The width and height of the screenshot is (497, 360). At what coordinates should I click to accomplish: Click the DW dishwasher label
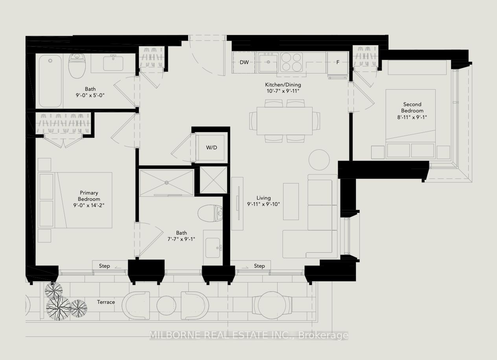tap(244, 62)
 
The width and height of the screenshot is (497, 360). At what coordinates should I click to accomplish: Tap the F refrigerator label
tap(338, 62)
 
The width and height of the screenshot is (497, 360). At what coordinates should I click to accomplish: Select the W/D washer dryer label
tap(212, 147)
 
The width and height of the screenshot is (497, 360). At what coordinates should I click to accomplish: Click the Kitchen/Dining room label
tap(283, 85)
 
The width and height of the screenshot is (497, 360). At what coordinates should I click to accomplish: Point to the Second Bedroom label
tap(412, 107)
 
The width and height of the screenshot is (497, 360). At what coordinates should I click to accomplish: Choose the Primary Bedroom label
tap(89, 196)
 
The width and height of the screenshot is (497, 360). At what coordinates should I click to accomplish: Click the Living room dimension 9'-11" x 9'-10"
tap(263, 204)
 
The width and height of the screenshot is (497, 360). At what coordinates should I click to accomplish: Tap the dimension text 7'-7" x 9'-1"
tap(181, 239)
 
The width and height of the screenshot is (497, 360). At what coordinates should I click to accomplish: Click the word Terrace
tap(106, 302)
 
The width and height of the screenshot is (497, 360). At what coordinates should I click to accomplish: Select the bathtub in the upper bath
tap(50, 81)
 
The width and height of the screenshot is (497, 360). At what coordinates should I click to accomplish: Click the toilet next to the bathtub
tap(77, 66)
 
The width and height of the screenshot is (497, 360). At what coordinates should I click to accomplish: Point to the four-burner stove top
tap(291, 62)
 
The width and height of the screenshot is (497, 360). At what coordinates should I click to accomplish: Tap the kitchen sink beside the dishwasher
tap(268, 62)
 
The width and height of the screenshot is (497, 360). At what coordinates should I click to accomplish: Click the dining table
tap(284, 121)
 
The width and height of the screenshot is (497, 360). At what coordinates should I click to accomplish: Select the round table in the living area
tap(319, 160)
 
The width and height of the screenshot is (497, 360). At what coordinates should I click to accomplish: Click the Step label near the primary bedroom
tap(104, 266)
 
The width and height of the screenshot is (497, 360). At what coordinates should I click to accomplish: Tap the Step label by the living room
tap(260, 266)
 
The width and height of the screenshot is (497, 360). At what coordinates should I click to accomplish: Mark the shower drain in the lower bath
tap(167, 183)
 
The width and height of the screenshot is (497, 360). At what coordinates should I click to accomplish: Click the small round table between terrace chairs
tap(166, 305)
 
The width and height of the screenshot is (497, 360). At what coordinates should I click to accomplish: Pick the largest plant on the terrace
tap(58, 308)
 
